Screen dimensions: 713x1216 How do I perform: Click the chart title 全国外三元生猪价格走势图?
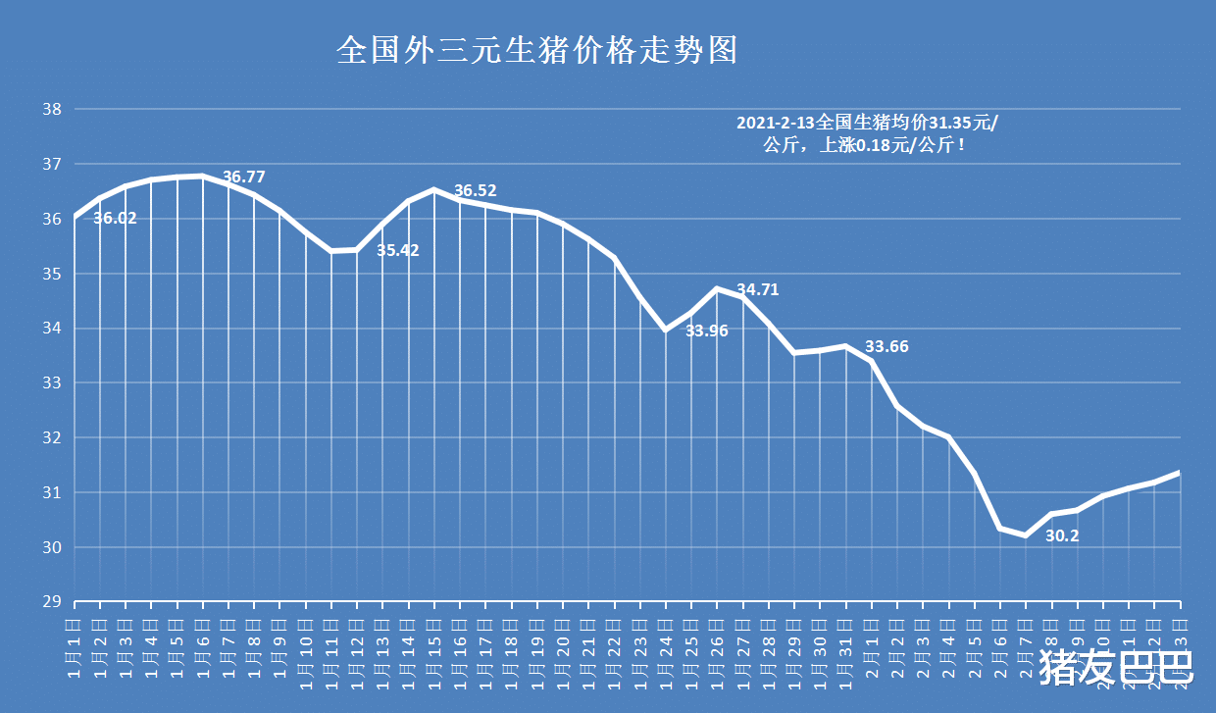536,50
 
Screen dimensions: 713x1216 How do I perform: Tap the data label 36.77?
244,178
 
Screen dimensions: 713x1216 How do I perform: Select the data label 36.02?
115,219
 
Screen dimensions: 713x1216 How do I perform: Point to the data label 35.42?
398,250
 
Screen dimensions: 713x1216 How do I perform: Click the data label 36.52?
476,190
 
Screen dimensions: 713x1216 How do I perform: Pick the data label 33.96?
706,331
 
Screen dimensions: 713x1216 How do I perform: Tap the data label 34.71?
757,289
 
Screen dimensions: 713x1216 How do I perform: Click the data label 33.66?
887,346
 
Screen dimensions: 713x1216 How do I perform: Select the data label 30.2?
1062,535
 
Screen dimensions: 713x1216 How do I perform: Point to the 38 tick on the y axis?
52,109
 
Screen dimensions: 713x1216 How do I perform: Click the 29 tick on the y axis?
52,602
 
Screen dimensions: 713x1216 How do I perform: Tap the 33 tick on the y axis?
52,383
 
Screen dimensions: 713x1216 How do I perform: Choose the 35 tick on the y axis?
52,274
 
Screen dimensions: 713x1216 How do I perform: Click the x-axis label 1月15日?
432,642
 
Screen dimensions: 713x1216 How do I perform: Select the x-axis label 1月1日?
74,642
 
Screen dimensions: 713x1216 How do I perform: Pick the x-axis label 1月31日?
844,642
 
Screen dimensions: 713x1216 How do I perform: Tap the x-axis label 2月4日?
947,642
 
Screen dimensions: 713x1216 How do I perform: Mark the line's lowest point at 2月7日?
1025,535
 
